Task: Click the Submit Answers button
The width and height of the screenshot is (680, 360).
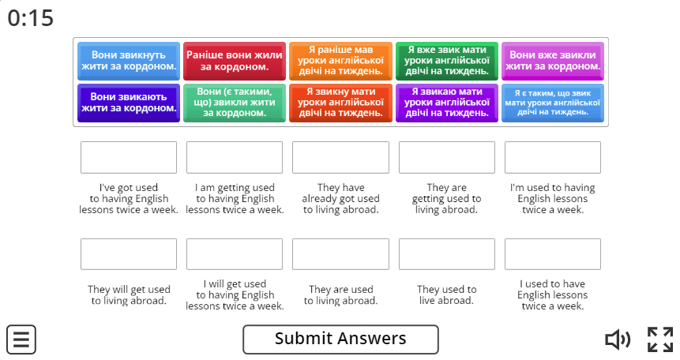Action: click(x=340, y=339)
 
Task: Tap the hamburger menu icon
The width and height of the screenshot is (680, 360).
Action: click(x=21, y=339)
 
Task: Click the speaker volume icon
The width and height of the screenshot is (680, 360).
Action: click(x=618, y=339)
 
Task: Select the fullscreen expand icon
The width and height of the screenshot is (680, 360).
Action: click(x=660, y=339)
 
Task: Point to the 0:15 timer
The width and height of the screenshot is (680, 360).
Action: click(x=30, y=18)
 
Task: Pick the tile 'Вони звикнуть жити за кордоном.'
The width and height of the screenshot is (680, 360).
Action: click(x=129, y=61)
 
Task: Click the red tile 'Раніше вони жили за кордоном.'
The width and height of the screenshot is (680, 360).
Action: click(x=235, y=61)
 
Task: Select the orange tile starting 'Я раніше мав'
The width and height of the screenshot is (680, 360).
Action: click(x=340, y=61)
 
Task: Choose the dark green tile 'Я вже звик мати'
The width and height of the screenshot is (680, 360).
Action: click(x=447, y=61)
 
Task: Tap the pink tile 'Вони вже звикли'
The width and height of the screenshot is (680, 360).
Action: click(x=553, y=61)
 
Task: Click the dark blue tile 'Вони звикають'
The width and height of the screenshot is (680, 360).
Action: click(x=129, y=103)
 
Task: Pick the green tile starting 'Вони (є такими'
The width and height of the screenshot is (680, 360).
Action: click(x=235, y=103)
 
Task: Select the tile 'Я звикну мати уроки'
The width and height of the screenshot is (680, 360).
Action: click(x=340, y=103)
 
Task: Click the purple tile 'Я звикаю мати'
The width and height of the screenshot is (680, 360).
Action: click(x=447, y=103)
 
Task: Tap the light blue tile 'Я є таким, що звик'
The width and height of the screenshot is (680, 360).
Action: click(x=553, y=103)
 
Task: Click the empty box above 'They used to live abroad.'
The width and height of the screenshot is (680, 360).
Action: click(x=447, y=254)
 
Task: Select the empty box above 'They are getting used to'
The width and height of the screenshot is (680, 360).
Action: click(x=447, y=157)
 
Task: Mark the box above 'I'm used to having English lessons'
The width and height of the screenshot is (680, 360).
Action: click(x=553, y=157)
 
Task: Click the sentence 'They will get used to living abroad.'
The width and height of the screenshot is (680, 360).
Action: click(x=129, y=295)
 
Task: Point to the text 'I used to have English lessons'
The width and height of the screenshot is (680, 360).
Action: click(x=553, y=289)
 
